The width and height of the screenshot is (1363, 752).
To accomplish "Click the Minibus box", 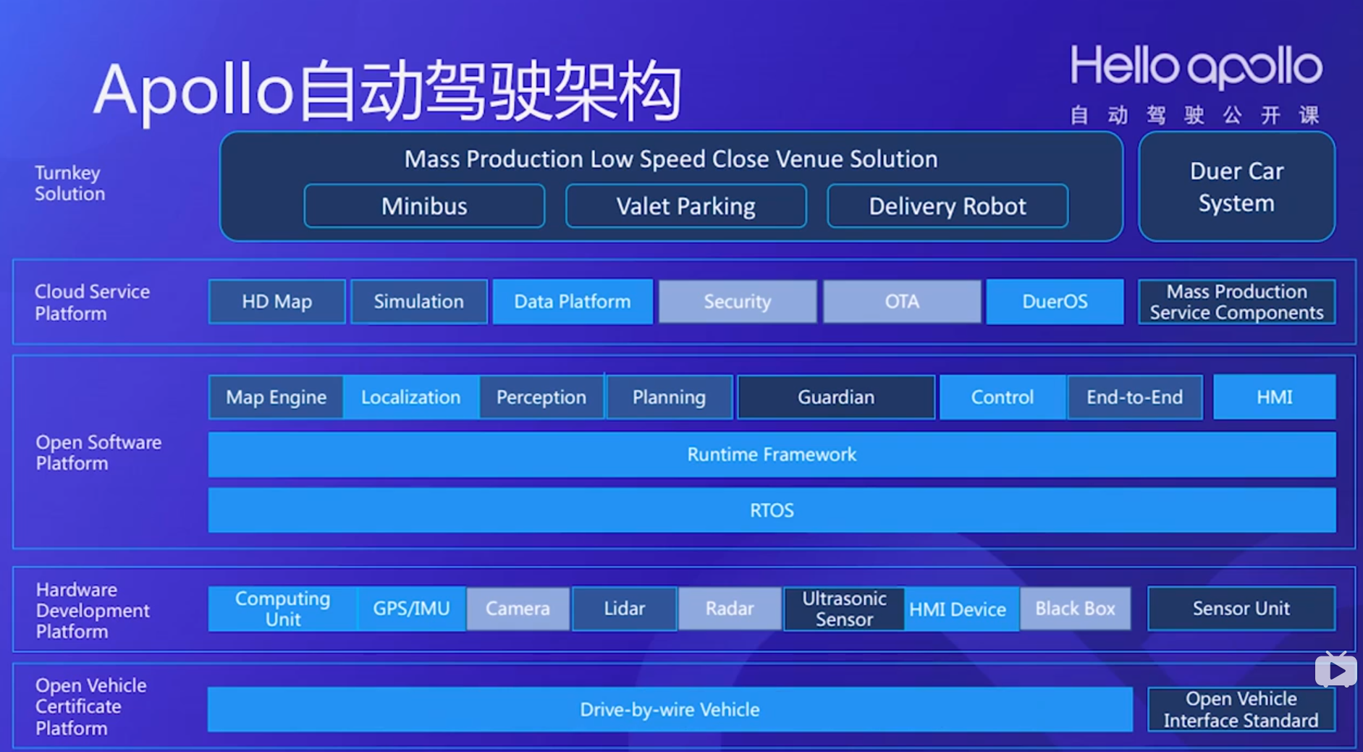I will click(x=424, y=206).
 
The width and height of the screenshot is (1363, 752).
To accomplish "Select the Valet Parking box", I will click(x=685, y=206).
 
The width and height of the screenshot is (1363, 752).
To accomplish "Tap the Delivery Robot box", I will click(x=947, y=206).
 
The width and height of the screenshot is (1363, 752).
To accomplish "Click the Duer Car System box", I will click(x=1236, y=187).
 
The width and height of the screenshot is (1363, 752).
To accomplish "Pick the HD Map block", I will click(x=277, y=301).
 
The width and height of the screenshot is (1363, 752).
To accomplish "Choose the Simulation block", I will click(x=418, y=301).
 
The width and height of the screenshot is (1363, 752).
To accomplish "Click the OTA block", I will click(x=901, y=301).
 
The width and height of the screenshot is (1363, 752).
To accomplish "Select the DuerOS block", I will click(x=1055, y=301).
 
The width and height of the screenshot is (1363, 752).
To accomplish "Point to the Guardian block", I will click(x=836, y=397).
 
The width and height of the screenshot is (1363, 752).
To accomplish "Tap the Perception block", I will click(x=541, y=397).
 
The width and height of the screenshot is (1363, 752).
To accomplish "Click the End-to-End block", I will click(x=1134, y=397).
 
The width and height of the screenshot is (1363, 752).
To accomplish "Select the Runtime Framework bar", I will click(x=772, y=455).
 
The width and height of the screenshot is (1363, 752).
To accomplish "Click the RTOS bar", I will click(x=772, y=510).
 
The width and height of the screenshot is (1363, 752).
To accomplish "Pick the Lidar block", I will click(x=624, y=609).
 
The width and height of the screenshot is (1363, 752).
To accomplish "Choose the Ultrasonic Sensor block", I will click(x=844, y=609).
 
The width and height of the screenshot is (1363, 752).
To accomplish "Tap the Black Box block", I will click(x=1075, y=609).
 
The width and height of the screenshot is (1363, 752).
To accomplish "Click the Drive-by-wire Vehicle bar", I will click(x=670, y=709).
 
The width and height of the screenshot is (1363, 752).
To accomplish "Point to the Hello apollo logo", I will click(x=1196, y=67).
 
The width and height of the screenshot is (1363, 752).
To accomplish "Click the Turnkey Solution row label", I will click(x=69, y=183).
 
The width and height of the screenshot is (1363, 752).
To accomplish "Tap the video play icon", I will click(x=1335, y=670).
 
